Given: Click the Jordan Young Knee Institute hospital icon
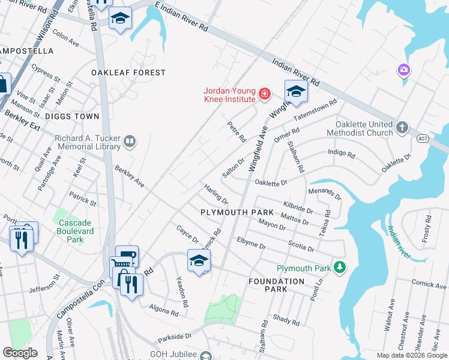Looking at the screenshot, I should click(x=264, y=94).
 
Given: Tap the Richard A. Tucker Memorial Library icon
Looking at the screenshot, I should click(x=129, y=142).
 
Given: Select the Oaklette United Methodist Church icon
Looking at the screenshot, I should click(x=402, y=128).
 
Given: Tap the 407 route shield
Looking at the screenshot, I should click(x=421, y=137).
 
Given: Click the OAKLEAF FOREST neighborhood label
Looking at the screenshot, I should click(x=128, y=73).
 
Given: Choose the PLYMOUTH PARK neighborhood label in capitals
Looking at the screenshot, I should click(x=237, y=213).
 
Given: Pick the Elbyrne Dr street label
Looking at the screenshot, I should click(x=251, y=242).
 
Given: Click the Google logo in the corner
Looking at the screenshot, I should click(x=20, y=353).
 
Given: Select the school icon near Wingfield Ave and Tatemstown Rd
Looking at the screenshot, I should click(x=295, y=91).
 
